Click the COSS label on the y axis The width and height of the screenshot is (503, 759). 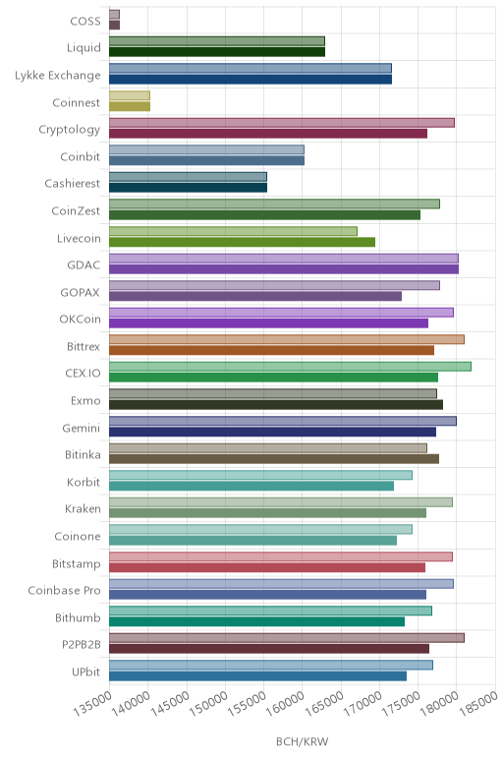pyautogui.click(x=85, y=21)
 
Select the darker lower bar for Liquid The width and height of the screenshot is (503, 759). pyautogui.click(x=217, y=52)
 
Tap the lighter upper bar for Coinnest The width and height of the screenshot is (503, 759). pyautogui.click(x=130, y=95)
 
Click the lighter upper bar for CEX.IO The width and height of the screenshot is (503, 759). pyautogui.click(x=290, y=367)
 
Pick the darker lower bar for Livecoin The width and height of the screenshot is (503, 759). pyautogui.click(x=243, y=242)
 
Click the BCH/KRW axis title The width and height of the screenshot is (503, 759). pyautogui.click(x=303, y=741)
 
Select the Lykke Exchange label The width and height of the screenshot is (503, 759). pyautogui.click(x=58, y=76)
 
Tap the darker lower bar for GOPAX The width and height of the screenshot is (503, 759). pyautogui.click(x=255, y=296)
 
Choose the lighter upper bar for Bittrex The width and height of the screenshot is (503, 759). pyautogui.click(x=287, y=339)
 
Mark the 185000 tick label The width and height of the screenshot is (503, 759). pyautogui.click(x=477, y=703)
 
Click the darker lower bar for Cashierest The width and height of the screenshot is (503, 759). pyautogui.click(x=189, y=188)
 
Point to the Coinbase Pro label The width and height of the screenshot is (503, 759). pyautogui.click(x=64, y=591)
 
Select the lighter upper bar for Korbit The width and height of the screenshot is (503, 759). pyautogui.click(x=260, y=475)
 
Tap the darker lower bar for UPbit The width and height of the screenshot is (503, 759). pyautogui.click(x=257, y=675)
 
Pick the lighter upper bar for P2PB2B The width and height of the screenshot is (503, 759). pyautogui.click(x=287, y=638)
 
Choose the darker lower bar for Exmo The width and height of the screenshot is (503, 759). pyautogui.click(x=276, y=405)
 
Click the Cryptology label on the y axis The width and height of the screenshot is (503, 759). pyautogui.click(x=70, y=130)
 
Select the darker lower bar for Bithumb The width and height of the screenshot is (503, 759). pyautogui.click(x=256, y=621)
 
